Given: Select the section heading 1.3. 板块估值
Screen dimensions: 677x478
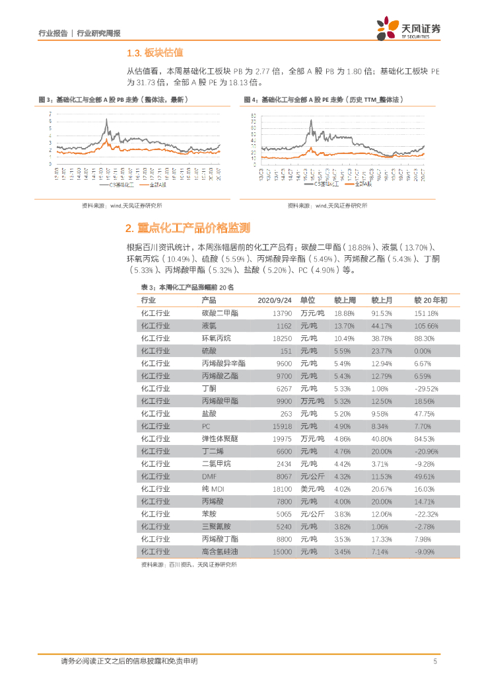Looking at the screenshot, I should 154,53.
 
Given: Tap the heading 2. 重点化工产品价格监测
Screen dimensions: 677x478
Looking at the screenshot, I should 188,228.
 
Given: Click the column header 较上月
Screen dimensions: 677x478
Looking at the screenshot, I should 382,300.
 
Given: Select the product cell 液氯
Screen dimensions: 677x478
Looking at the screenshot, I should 209,325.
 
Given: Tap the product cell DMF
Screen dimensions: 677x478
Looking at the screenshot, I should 209,476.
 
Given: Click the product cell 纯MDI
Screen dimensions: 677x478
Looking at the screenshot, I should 212,489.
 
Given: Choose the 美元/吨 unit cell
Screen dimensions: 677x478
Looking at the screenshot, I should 312,489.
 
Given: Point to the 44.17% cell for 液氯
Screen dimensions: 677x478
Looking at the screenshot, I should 382,325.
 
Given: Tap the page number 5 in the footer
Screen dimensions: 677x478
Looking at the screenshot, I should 434,661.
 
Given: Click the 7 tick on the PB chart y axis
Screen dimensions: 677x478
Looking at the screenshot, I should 51,114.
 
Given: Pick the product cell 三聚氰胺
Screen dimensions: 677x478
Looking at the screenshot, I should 216,526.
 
